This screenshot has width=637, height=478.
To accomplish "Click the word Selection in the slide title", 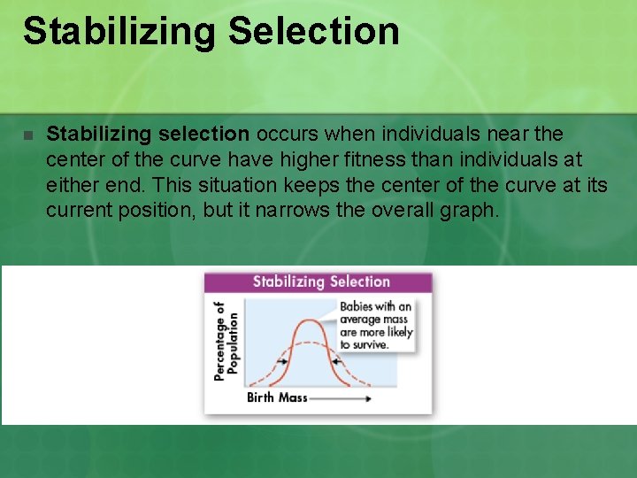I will pos(313,31).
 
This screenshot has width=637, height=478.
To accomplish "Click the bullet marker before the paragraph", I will pos(27,135).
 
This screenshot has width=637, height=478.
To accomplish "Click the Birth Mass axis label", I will pos(277,397).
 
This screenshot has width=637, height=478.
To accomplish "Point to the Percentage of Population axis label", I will pos(226,341).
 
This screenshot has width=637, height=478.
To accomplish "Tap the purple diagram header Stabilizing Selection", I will pos(320,282).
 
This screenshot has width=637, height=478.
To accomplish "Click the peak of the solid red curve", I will pos(308,320).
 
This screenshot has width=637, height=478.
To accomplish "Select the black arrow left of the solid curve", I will pos(281,361).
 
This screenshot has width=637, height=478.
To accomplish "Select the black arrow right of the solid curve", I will pos(336,361).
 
